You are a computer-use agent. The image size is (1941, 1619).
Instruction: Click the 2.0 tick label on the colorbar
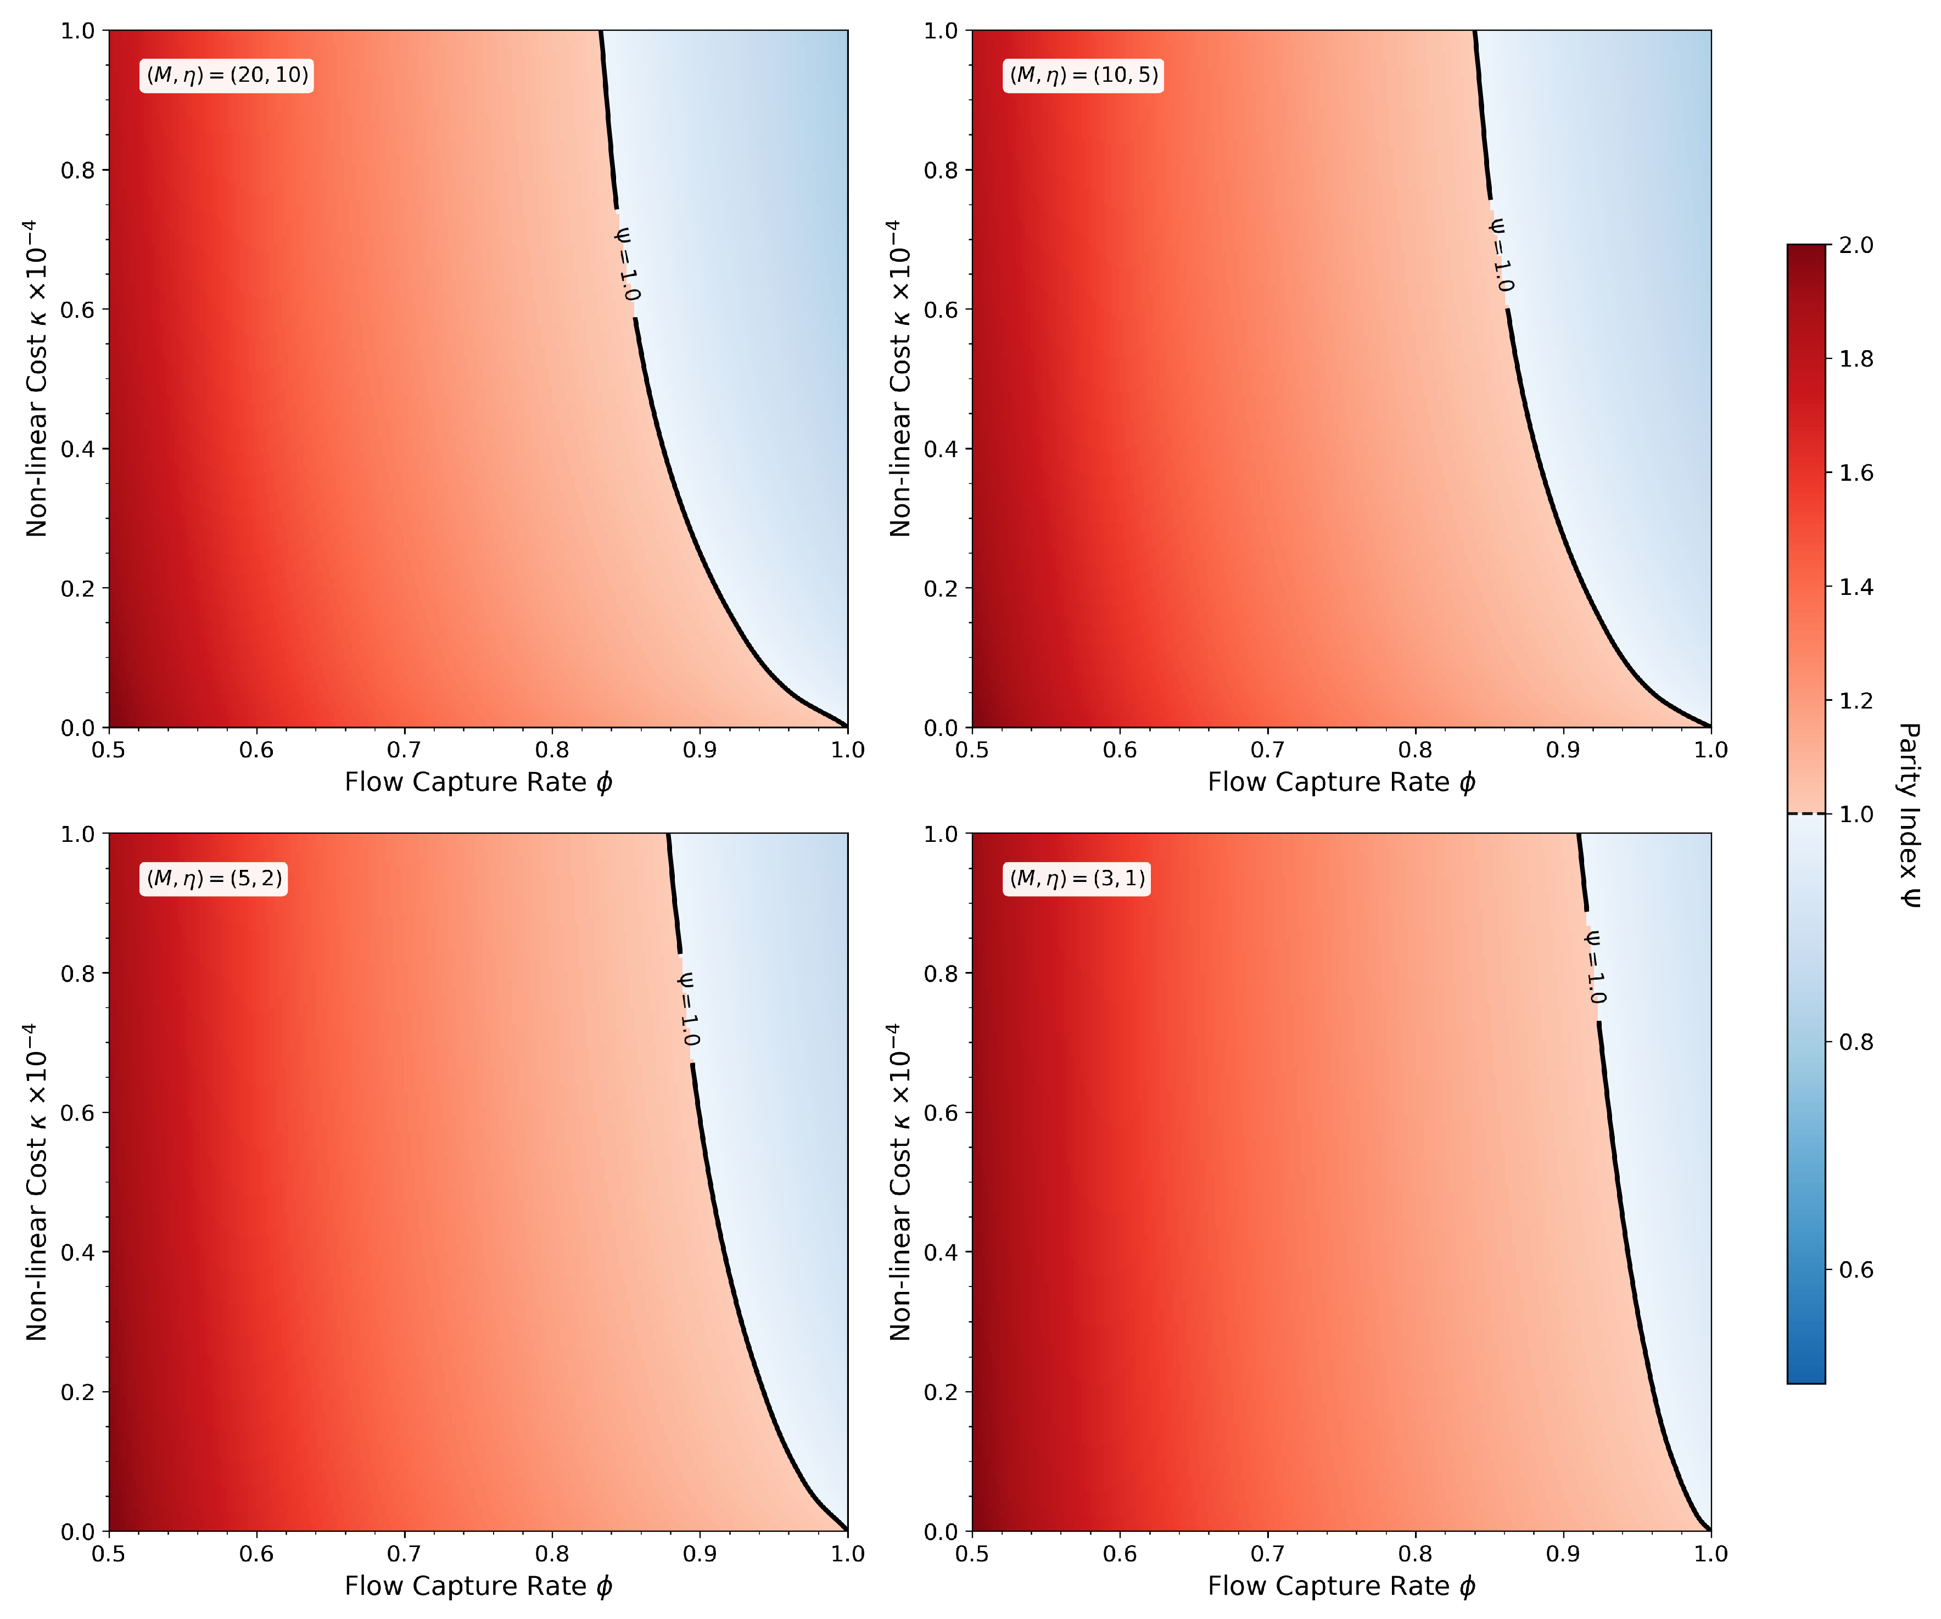(x=1856, y=245)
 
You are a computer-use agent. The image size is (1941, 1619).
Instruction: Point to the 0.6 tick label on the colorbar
(x=1856, y=1270)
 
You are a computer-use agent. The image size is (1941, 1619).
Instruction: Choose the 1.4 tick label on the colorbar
(x=1856, y=587)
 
